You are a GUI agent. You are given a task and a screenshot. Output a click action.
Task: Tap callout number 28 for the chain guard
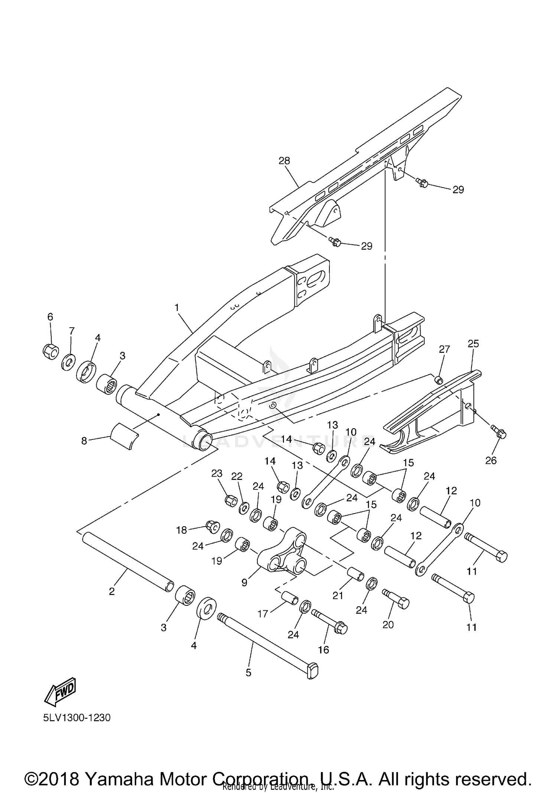tap(284, 161)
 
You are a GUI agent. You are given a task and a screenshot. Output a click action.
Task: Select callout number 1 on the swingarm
tap(177, 308)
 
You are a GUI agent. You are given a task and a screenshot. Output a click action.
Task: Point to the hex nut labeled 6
tap(50, 351)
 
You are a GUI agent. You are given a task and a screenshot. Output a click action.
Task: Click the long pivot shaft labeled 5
tap(267, 644)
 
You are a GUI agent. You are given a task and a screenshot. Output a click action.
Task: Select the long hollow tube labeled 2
tap(128, 560)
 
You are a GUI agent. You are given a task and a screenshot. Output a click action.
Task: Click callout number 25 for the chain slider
tap(473, 344)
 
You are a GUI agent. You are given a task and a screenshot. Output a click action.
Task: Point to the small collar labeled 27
tap(439, 380)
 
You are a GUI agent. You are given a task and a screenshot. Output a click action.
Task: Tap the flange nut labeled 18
tap(212, 527)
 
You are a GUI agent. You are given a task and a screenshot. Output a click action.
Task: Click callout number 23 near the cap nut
tap(216, 473)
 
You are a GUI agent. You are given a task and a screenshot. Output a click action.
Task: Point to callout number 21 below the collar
tap(338, 595)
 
